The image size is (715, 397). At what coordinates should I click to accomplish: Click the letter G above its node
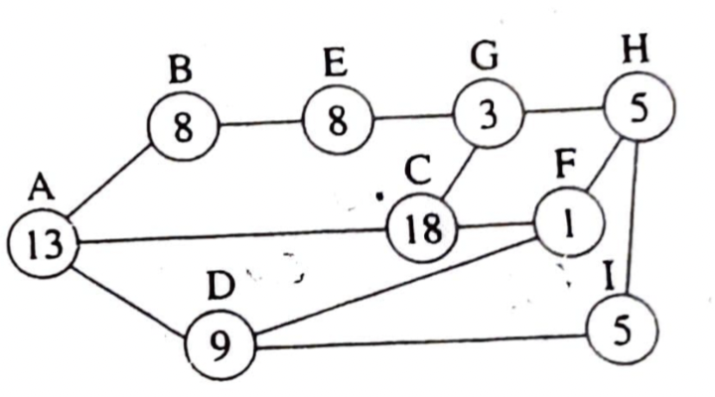[x=484, y=57]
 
